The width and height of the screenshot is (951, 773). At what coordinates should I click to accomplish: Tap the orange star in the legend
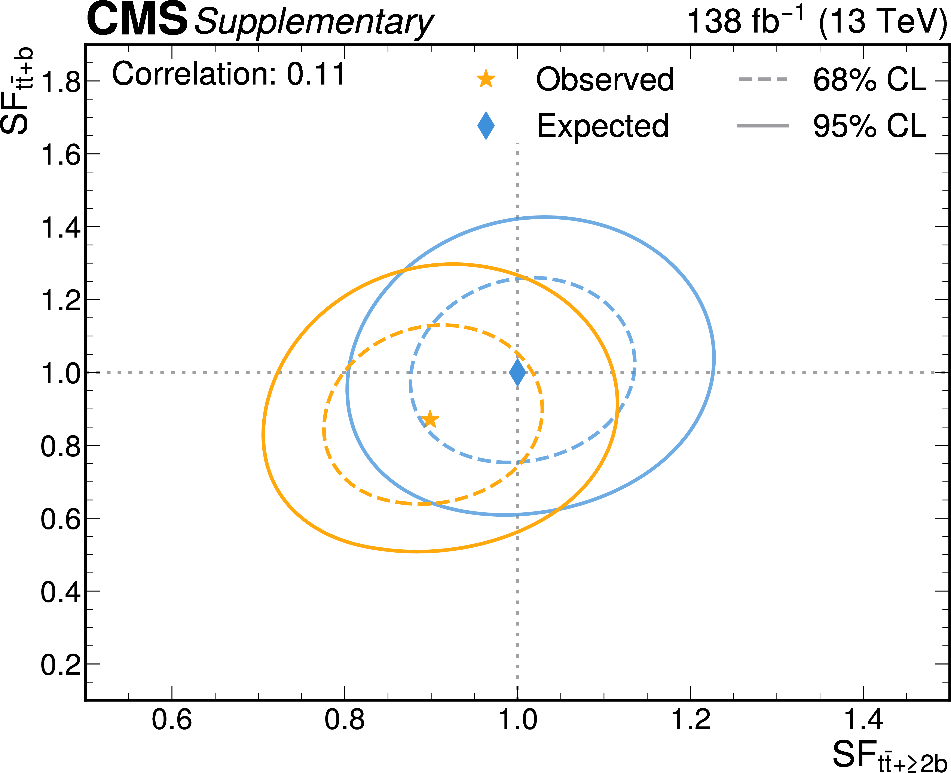click(x=486, y=79)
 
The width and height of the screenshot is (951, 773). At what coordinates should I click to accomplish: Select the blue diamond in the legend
click(x=486, y=126)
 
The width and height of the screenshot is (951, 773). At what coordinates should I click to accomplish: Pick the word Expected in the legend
click(x=602, y=126)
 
